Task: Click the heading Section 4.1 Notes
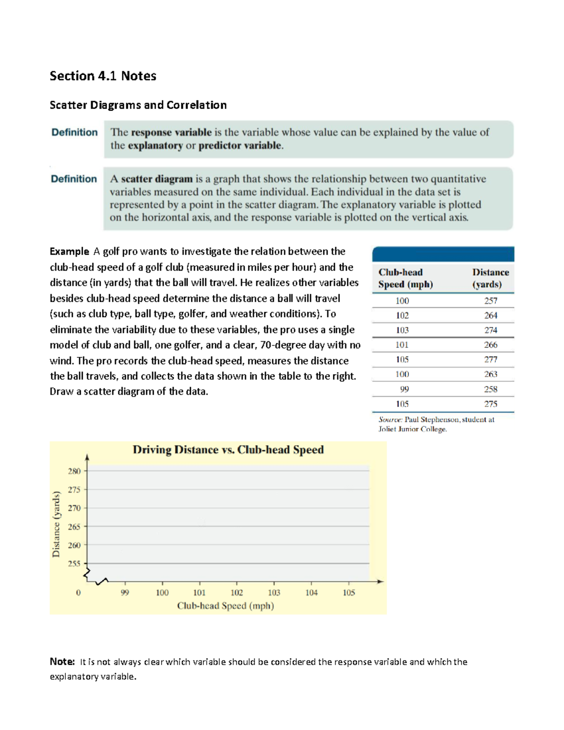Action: pyautogui.click(x=103, y=76)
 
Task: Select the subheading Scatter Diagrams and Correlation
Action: pyautogui.click(x=138, y=105)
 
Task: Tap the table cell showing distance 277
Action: pyautogui.click(x=491, y=360)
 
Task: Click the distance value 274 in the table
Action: pyautogui.click(x=491, y=330)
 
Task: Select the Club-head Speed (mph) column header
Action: pyautogui.click(x=405, y=278)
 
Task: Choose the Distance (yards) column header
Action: pyautogui.click(x=490, y=278)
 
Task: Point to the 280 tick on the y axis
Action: pyautogui.click(x=74, y=471)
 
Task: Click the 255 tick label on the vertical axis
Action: pyautogui.click(x=74, y=564)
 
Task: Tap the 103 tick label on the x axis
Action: pyautogui.click(x=274, y=593)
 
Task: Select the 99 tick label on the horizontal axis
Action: pyautogui.click(x=125, y=593)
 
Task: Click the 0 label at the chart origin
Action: pyautogui.click(x=78, y=593)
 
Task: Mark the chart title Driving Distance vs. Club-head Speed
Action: pyautogui.click(x=228, y=450)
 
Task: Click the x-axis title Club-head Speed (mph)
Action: pyautogui.click(x=225, y=606)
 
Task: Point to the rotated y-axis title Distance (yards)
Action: pyautogui.click(x=56, y=524)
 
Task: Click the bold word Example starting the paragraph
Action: pyautogui.click(x=69, y=251)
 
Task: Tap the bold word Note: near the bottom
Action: pyautogui.click(x=62, y=662)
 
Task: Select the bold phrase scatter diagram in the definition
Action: pyautogui.click(x=157, y=179)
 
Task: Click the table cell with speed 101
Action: pyautogui.click(x=402, y=345)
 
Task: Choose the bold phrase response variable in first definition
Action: pyautogui.click(x=171, y=133)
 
